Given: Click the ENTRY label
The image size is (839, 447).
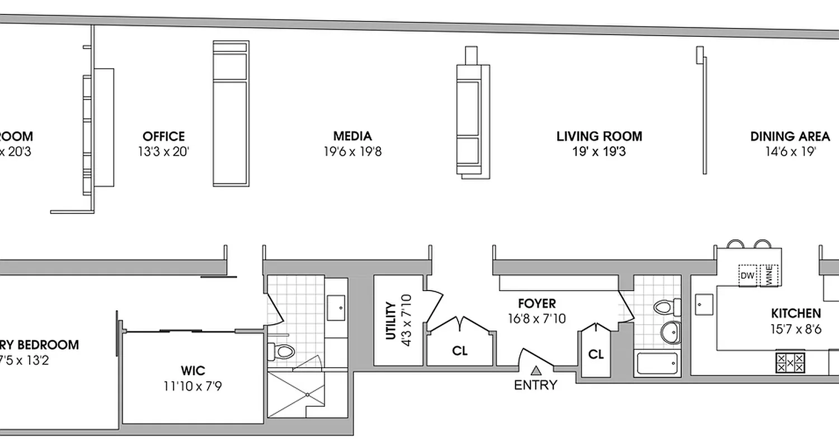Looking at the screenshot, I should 536,385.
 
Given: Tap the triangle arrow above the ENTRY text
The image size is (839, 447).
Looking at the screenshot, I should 536,370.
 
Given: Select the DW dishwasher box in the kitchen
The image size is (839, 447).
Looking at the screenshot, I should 747,275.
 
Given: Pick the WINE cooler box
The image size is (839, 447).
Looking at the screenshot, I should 769,276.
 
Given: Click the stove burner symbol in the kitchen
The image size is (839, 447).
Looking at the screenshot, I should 790,362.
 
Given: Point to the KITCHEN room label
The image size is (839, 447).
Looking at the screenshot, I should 796,313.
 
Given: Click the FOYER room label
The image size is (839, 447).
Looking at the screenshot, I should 536,303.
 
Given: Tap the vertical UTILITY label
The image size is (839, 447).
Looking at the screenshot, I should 390,321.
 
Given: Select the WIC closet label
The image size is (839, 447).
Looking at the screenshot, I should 192,370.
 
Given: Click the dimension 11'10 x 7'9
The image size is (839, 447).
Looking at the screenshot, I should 192,386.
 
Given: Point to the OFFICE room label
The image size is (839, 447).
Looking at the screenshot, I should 163,136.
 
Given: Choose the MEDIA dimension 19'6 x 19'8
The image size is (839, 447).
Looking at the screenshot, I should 352,151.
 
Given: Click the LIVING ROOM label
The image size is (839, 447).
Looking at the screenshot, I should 599,136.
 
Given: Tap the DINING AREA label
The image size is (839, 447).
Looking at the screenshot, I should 790,136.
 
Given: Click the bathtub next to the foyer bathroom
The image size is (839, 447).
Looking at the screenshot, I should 658,364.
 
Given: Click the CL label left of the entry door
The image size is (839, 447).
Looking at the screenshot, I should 460,351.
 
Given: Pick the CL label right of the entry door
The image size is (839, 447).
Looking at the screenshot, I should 596,354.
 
